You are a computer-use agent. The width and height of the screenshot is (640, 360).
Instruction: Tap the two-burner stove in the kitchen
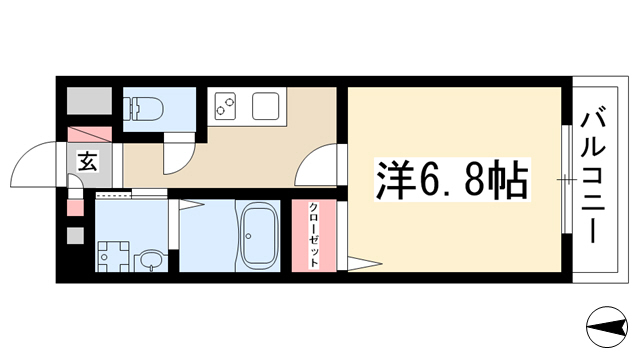coord(225,106)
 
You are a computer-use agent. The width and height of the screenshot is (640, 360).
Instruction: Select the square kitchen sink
coord(265,106)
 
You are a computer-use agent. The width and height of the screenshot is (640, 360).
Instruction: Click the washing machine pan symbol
coord(113,256)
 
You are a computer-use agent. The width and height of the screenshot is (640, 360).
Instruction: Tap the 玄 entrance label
coord(88,161)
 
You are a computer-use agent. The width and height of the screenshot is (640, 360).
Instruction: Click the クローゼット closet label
coord(313,235)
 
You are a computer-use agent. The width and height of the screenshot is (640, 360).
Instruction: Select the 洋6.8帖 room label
coord(452,179)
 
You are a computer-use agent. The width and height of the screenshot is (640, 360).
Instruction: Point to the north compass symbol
coord(607,327)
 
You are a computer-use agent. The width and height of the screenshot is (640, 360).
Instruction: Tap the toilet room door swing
coord(178,159)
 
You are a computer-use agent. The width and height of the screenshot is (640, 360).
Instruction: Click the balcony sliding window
coord(566,179)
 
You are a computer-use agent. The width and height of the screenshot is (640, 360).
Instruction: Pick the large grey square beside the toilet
coord(89,101)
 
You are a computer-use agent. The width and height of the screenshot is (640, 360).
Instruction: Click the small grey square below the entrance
coord(75,236)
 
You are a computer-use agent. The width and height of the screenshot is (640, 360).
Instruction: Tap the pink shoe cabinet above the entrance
coord(89,134)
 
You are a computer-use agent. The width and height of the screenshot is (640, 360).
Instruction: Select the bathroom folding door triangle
coord(191,204)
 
